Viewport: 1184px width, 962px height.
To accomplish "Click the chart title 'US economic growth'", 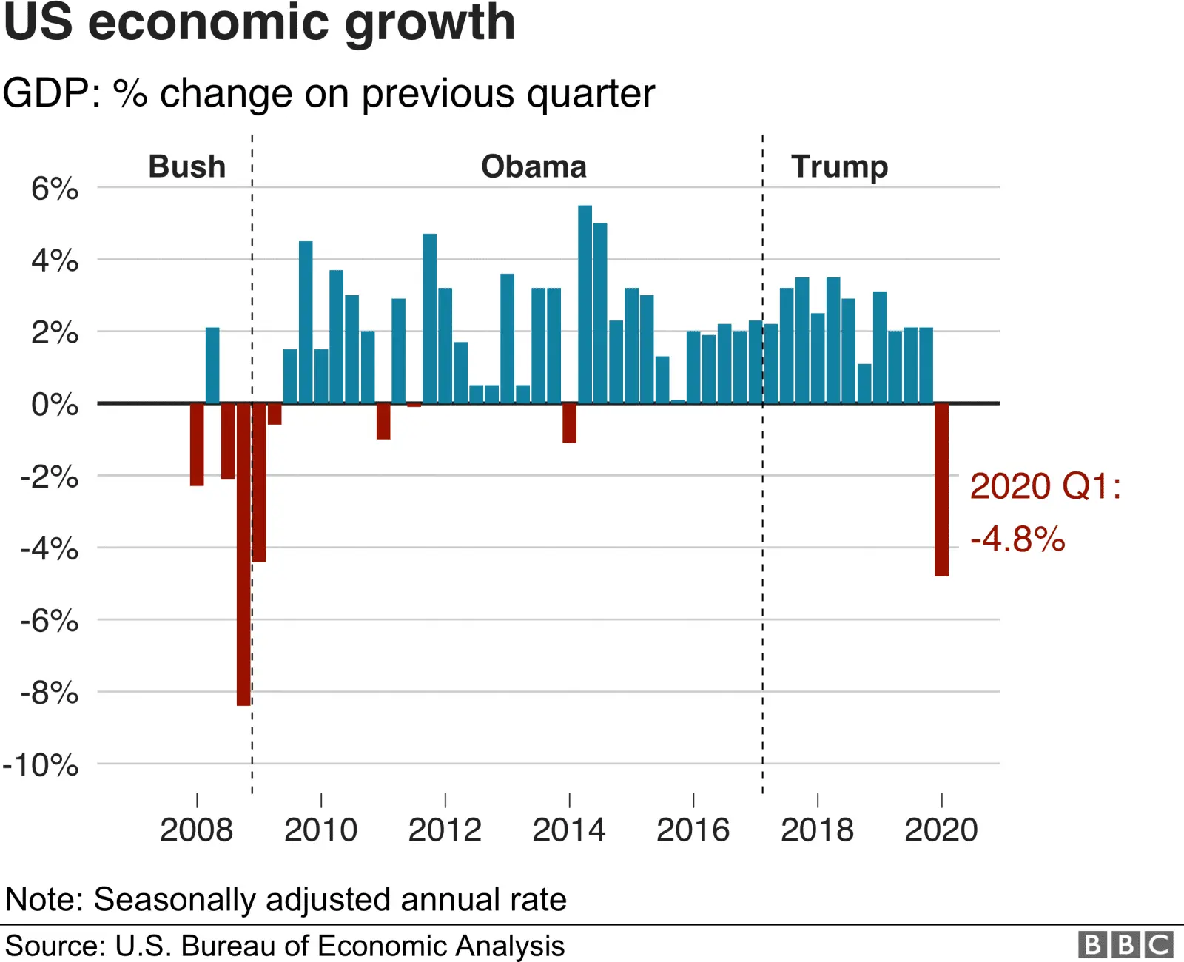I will coord(259,24).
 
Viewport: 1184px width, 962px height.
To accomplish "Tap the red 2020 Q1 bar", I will coord(941,488).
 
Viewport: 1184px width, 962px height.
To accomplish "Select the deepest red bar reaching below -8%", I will coord(243,555).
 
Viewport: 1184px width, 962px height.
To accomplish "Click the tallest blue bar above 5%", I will coord(585,303).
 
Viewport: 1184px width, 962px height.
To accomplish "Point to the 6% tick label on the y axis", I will coord(55,189).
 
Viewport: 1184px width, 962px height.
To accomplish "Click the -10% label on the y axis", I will coord(41,765).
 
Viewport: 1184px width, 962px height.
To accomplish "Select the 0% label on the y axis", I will coord(55,405).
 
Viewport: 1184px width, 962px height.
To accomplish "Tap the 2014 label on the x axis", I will coord(568,830).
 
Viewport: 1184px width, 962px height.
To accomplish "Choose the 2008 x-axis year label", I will coord(196,830).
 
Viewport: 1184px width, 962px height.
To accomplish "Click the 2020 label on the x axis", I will coord(941,830).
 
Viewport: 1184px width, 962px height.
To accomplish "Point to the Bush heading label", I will coord(187,166).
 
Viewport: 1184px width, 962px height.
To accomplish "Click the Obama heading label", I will coord(534,166).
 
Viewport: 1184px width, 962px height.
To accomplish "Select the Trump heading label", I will coord(839,167).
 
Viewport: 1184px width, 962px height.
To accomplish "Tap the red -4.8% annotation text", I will coord(1017,539).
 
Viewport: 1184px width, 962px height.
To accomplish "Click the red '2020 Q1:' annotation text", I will coord(1045,487).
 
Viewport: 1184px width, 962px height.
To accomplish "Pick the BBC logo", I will coord(1125,945).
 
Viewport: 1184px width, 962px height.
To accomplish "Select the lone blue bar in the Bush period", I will coord(212,366).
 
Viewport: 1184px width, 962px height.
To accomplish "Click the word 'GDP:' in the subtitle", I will coord(52,94).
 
